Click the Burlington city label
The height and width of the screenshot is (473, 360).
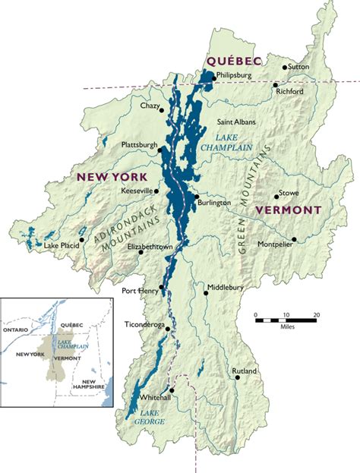click(x=215, y=203)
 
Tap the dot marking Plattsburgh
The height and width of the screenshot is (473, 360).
click(x=161, y=150)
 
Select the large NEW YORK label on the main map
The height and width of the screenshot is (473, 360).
click(x=109, y=176)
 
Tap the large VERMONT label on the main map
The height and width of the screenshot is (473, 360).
click(x=289, y=209)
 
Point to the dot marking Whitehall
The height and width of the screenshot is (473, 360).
click(x=173, y=387)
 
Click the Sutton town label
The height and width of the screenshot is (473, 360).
click(x=298, y=67)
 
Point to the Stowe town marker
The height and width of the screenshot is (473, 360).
click(x=276, y=197)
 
